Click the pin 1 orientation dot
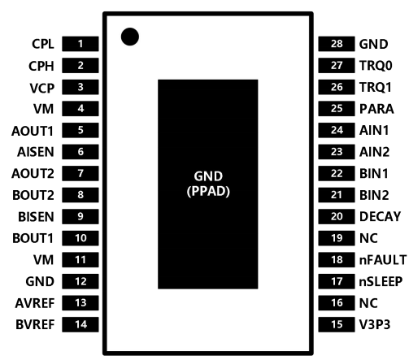click(x=130, y=37)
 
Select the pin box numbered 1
click(x=80, y=44)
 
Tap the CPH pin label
click(x=41, y=66)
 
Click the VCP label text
click(x=42, y=88)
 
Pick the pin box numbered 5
click(x=80, y=130)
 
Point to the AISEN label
click(x=36, y=152)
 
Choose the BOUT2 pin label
click(x=33, y=195)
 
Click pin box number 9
click(x=80, y=216)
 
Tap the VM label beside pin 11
click(x=44, y=260)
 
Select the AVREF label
click(x=35, y=303)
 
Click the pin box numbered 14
click(x=80, y=324)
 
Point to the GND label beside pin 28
click(x=373, y=44)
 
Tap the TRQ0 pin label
click(x=376, y=66)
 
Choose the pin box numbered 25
click(x=337, y=109)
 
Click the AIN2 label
click(x=374, y=152)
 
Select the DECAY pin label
click(x=380, y=217)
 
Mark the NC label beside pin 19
click(x=368, y=238)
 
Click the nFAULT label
click(x=383, y=260)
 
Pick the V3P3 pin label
click(x=375, y=324)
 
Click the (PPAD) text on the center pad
click(x=208, y=191)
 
